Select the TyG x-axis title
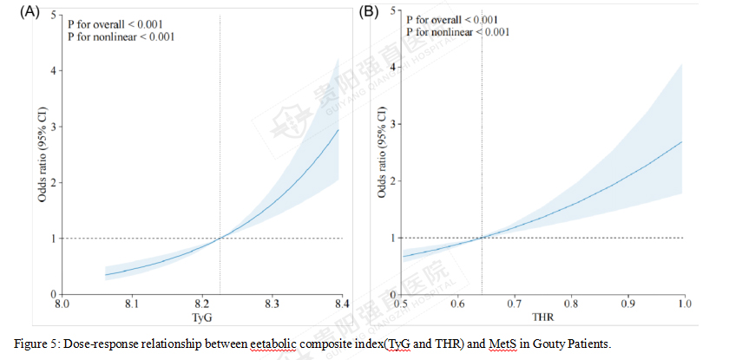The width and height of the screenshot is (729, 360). pos(201,317)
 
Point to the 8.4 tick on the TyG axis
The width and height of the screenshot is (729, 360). pos(342,305)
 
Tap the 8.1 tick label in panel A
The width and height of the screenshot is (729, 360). pos(131,305)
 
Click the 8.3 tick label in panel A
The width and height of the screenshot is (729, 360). pos(272,305)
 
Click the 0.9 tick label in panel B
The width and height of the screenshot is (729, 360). pos(627,305)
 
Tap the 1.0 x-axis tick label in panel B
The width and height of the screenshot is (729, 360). pos(683,305)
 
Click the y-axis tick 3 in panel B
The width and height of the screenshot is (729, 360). pos(394,124)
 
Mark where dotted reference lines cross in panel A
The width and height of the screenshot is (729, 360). pos(220,238)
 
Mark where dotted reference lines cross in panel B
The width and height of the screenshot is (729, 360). pos(482,238)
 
